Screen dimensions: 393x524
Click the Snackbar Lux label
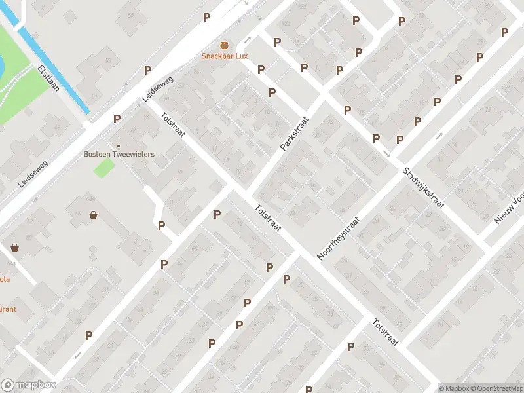[x=224, y=56]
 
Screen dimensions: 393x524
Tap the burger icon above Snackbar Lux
[x=225, y=45]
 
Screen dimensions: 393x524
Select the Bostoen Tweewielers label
[x=119, y=154]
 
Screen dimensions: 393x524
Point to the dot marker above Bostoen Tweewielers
[x=119, y=145]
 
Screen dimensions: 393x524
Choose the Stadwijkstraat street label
[x=424, y=187]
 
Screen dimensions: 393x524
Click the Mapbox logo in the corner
[x=29, y=385]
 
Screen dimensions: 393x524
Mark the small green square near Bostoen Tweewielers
[x=103, y=168]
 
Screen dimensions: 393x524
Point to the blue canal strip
[x=55, y=68]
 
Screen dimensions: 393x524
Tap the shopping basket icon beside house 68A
[x=94, y=214]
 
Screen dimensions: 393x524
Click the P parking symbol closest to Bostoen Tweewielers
[x=117, y=119]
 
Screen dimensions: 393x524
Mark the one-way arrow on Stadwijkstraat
[x=386, y=155]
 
